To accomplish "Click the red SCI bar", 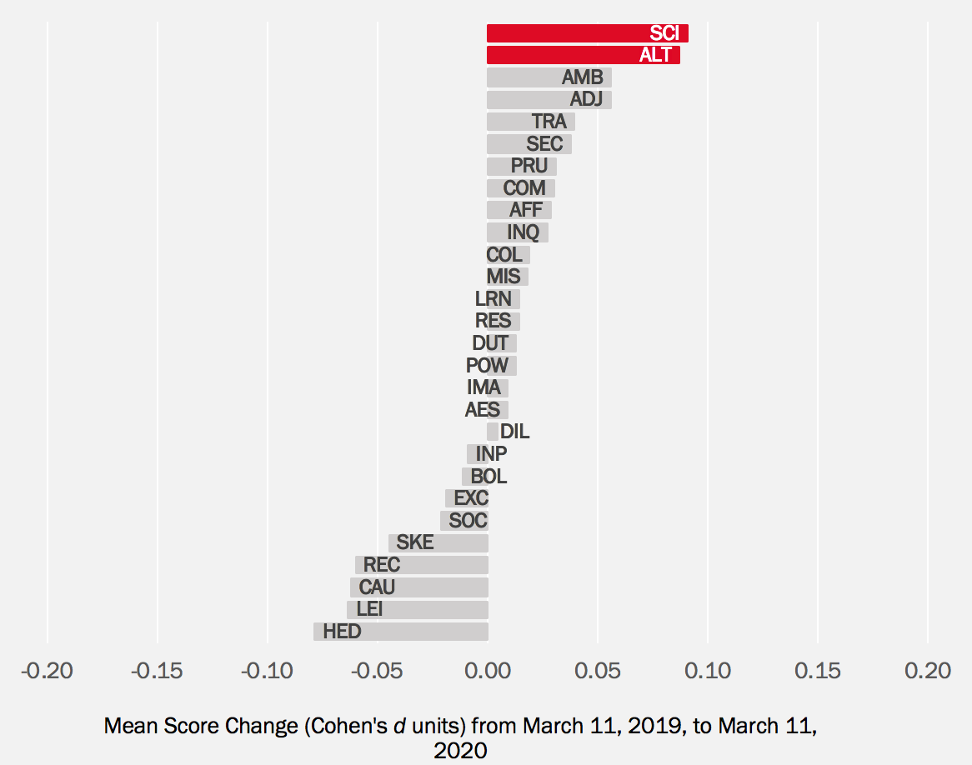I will tap(587, 33).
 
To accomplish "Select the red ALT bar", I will tap(583, 55).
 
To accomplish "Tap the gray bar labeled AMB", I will tap(549, 77).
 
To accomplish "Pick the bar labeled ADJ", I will tap(549, 100).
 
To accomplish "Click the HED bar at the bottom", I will tap(400, 632).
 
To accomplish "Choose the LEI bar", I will tap(417, 609).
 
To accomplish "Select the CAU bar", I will tap(418, 587).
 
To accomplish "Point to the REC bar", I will tap(421, 565).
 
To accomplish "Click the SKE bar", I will tap(438, 543).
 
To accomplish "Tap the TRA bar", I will tap(530, 122).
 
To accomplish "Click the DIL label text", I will tap(514, 432).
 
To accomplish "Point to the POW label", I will tap(487, 366).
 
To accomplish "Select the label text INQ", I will tap(523, 232).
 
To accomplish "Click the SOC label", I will tap(468, 521).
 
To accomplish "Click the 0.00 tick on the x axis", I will tap(488, 671).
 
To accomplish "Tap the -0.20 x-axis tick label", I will tap(48, 671).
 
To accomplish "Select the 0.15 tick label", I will tap(818, 671).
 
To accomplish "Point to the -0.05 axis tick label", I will tap(378, 671).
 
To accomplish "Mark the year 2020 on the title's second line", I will tap(460, 751).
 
